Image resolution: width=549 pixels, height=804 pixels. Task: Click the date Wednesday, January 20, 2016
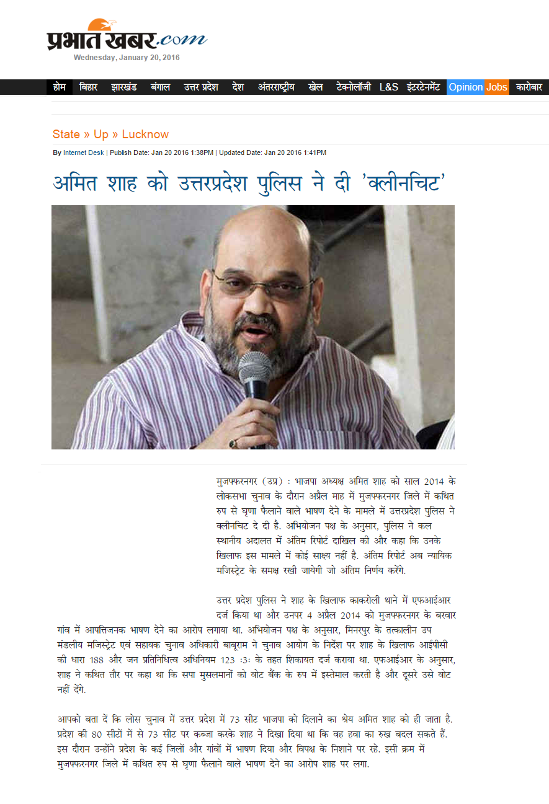coord(127,58)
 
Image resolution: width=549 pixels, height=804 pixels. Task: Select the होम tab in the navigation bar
coord(59,87)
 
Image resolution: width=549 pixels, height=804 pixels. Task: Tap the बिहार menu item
coord(89,87)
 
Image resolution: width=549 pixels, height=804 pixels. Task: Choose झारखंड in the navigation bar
coord(124,87)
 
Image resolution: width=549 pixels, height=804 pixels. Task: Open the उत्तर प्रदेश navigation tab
coord(200,87)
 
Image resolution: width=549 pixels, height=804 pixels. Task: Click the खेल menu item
coord(316,87)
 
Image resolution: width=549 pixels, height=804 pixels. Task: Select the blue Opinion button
coord(465,87)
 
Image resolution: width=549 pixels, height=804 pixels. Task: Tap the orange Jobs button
coord(496,87)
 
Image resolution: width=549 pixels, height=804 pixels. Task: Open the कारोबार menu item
coord(529,87)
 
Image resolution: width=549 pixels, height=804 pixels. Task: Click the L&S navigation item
coord(389,87)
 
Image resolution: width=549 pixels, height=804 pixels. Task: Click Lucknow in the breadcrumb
coord(145,135)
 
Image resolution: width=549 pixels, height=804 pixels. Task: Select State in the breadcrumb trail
coord(66,135)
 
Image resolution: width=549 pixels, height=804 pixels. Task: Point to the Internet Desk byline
coord(83,152)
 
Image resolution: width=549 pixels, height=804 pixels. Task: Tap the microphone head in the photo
coord(255,367)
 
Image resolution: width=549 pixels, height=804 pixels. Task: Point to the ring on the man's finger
coord(234,443)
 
